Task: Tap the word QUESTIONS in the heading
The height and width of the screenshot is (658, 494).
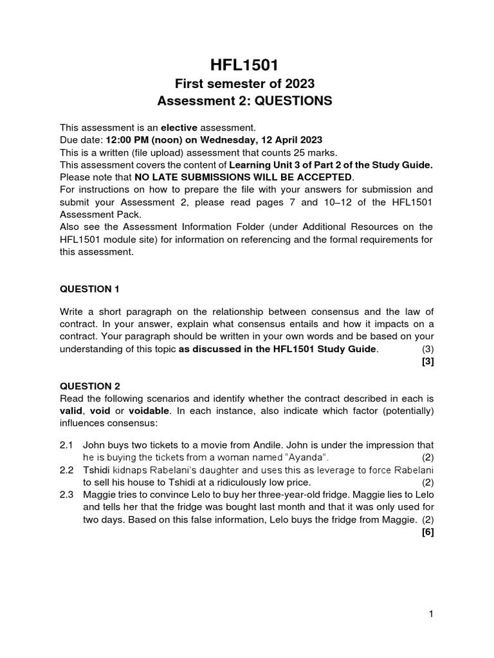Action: [295, 101]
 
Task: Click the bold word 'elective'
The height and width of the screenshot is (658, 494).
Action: [179, 128]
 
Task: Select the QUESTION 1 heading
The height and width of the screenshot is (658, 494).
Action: [89, 289]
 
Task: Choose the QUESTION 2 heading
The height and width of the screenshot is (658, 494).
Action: [89, 386]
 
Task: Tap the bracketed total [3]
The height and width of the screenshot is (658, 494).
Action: [428, 361]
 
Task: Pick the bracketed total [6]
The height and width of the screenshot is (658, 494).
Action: [428, 531]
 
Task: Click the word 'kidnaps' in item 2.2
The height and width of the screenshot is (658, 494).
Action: [129, 470]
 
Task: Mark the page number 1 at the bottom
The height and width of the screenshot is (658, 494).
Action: [432, 614]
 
